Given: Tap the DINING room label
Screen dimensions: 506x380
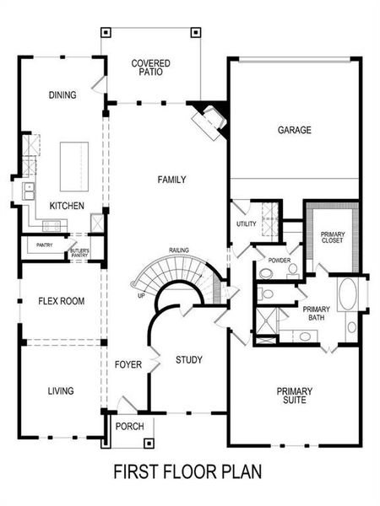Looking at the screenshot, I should point(62,95).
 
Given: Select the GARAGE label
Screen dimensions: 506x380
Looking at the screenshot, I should point(295,130).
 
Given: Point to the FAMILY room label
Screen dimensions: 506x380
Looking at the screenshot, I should point(171,180).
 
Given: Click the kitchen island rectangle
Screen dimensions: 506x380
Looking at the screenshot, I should point(73,165).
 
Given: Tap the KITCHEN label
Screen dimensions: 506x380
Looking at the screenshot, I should point(65,206).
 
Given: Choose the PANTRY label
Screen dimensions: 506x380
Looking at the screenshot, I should point(44,245).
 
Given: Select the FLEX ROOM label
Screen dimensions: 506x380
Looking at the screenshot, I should point(61,301).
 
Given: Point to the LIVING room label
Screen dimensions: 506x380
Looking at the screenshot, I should point(61,390).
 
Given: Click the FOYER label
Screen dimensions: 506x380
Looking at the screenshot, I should point(127,364).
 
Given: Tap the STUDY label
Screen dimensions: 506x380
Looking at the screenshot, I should point(188,360).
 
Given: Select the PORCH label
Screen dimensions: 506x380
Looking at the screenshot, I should point(129,426).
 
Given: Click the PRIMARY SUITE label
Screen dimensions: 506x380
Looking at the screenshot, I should point(295,396).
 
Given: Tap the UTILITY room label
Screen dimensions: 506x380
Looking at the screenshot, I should point(246,223).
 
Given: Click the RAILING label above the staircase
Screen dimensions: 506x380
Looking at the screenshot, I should point(178,250).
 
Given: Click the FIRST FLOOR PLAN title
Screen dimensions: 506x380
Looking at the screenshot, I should point(187,472).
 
